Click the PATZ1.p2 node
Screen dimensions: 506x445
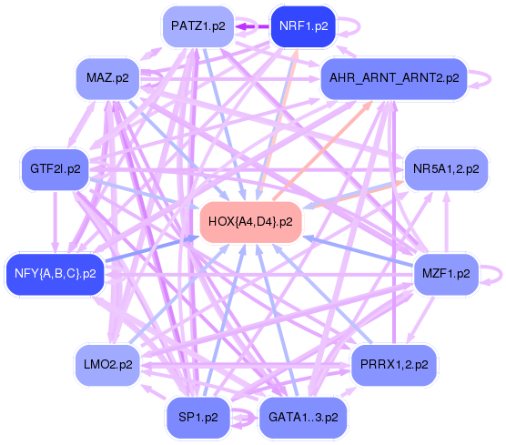click(197, 26)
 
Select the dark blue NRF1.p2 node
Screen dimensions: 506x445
click(303, 26)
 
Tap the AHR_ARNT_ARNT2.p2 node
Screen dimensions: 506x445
click(394, 78)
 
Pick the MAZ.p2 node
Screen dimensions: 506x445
click(107, 78)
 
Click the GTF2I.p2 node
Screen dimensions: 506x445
click(56, 169)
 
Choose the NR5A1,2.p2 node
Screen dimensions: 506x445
click(446, 169)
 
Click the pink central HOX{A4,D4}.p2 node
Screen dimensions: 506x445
click(251, 222)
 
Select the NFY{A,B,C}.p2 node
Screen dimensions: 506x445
click(56, 274)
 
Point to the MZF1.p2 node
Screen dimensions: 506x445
click(446, 274)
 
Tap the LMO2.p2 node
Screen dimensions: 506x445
click(107, 365)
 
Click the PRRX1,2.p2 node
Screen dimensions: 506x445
click(394, 365)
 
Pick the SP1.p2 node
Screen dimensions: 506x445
click(197, 418)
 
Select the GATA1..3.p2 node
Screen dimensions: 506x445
click(303, 418)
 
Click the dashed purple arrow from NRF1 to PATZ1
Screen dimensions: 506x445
click(252, 26)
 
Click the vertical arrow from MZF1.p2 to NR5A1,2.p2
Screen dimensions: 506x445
click(446, 222)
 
